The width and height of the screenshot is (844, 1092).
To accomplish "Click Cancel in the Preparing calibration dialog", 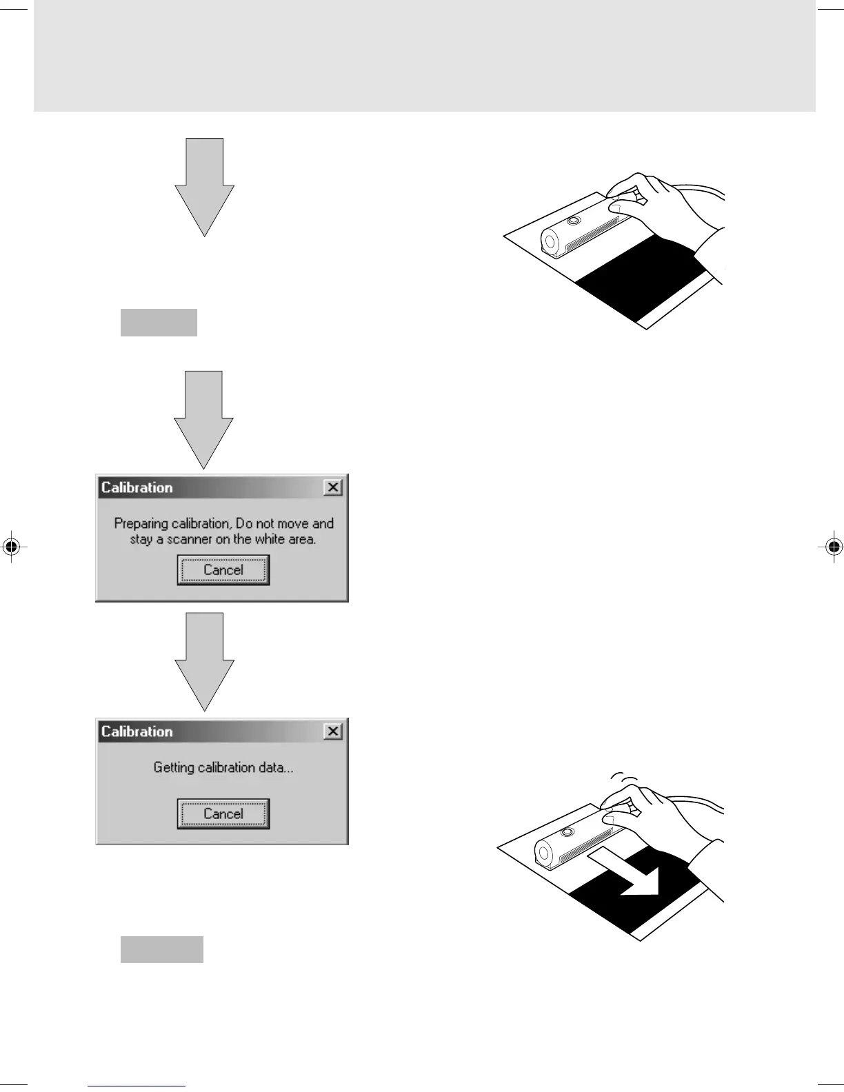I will [x=223, y=570].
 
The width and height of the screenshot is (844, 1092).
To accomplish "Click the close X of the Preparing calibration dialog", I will [x=333, y=487].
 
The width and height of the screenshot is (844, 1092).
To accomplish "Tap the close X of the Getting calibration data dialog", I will [x=333, y=731].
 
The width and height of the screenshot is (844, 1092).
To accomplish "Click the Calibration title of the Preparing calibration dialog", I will [x=137, y=487].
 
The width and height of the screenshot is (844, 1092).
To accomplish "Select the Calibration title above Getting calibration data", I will [x=137, y=731].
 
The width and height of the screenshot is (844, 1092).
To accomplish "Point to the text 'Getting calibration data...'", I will [x=223, y=767].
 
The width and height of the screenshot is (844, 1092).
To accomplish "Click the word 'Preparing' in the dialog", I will [x=141, y=524].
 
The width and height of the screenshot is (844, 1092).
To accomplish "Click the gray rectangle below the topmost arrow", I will [x=159, y=323].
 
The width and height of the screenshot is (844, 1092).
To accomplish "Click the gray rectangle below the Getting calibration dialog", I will [x=162, y=949].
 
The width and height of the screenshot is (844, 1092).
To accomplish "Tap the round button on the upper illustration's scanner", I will [x=574, y=221].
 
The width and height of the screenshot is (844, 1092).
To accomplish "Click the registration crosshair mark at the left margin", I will [x=10, y=547].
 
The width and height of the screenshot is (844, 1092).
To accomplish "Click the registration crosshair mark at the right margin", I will [x=833, y=547].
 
